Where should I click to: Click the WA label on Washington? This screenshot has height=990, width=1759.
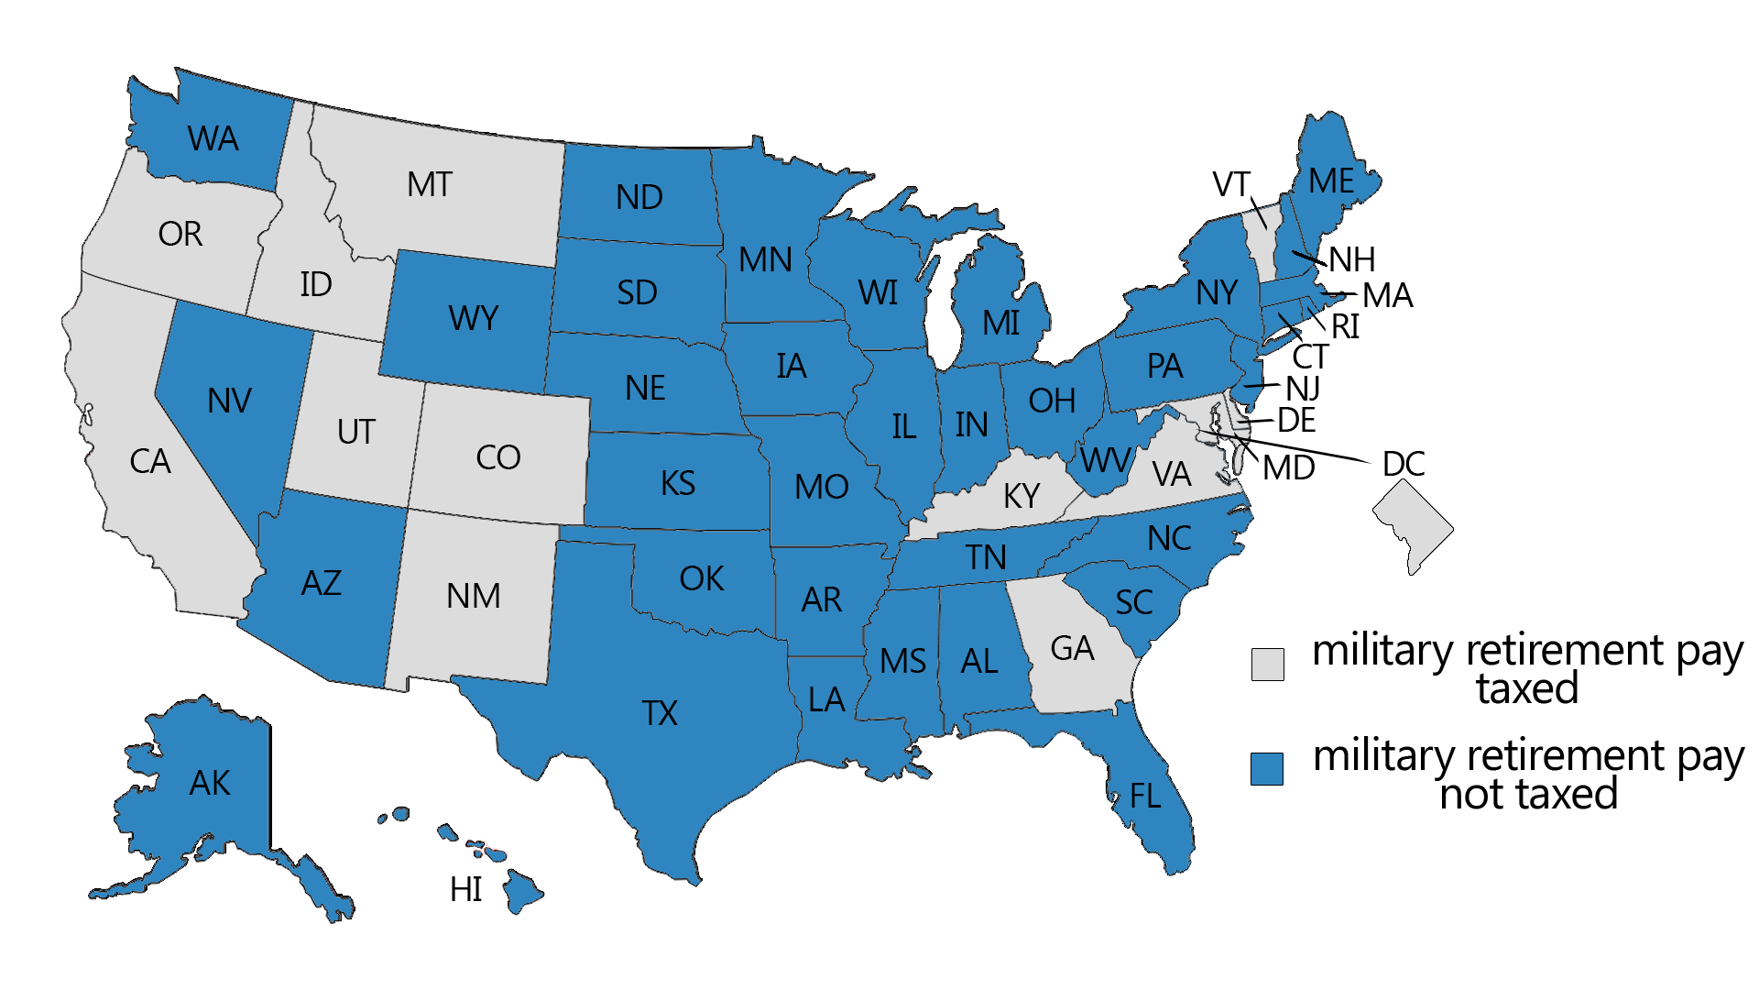click(x=213, y=139)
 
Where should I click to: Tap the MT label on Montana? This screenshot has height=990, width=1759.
click(x=429, y=185)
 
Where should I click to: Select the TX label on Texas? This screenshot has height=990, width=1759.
click(x=660, y=713)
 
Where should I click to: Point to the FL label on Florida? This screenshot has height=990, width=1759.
click(x=1145, y=796)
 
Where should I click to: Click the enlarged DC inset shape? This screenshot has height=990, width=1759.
click(x=1412, y=527)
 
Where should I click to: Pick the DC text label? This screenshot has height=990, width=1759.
click(x=1404, y=465)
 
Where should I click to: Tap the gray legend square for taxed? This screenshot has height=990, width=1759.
click(x=1267, y=664)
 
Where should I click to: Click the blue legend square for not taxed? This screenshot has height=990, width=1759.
click(x=1267, y=768)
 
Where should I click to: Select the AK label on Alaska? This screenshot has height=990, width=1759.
click(x=210, y=784)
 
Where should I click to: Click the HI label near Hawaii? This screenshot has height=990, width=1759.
click(x=465, y=889)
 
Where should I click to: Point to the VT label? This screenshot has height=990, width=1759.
click(x=1230, y=185)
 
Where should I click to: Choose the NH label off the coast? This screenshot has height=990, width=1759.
click(x=1351, y=260)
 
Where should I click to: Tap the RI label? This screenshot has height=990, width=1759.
click(x=1345, y=327)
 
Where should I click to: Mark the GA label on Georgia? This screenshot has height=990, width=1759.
click(x=1072, y=649)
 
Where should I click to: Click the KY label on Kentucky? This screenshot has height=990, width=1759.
click(x=1022, y=496)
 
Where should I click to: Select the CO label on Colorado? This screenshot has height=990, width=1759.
click(x=498, y=457)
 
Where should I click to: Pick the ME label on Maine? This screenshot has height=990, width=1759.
click(x=1331, y=181)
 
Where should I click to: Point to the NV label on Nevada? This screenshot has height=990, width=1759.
click(x=229, y=401)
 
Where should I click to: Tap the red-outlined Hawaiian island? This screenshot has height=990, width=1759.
click(x=486, y=850)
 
